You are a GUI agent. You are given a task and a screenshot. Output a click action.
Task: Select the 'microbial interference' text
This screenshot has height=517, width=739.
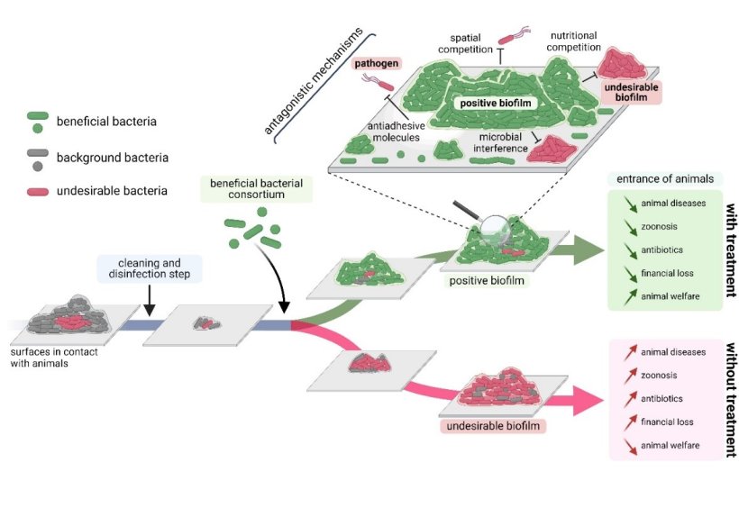coord(505,141)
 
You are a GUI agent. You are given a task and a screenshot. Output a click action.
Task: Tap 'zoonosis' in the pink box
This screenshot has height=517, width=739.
coord(661,375)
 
